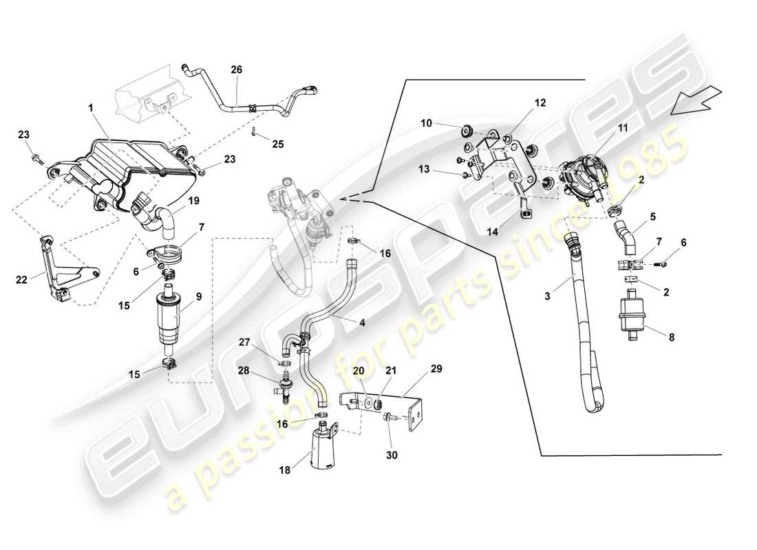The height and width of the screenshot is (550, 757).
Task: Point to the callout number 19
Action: click(194, 200)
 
